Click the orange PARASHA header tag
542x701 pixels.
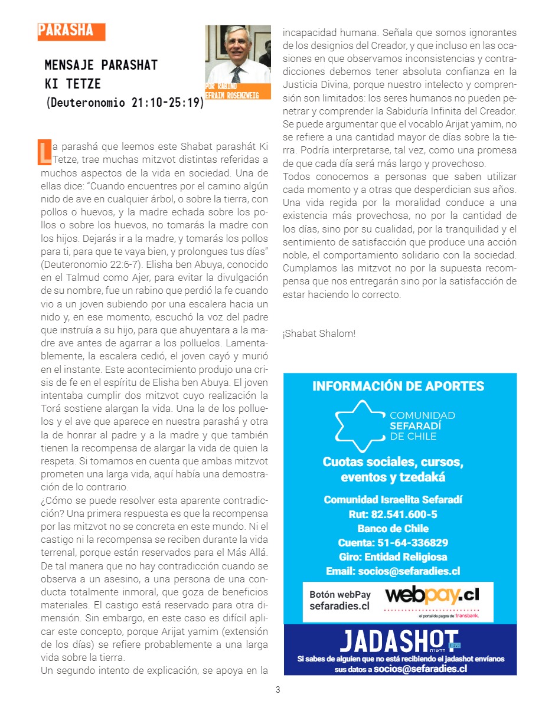[x=71, y=31]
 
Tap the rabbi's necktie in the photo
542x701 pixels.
[x=236, y=74]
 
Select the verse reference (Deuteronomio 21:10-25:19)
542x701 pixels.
[x=125, y=102]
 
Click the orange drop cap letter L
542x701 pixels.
[x=44, y=152]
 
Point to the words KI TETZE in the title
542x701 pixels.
[x=73, y=83]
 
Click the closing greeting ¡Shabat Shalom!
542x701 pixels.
[x=319, y=333]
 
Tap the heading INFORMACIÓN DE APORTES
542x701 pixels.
[x=399, y=386]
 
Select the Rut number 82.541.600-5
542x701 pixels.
[x=393, y=514]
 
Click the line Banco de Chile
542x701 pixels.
[x=393, y=528]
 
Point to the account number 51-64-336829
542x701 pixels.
[x=393, y=542]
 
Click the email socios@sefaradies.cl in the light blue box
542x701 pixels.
[x=393, y=571]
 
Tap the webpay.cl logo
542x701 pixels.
[x=432, y=594]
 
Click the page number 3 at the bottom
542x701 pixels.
[x=278, y=690]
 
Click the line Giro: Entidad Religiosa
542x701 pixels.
[x=393, y=556]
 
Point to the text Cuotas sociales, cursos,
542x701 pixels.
[x=393, y=461]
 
